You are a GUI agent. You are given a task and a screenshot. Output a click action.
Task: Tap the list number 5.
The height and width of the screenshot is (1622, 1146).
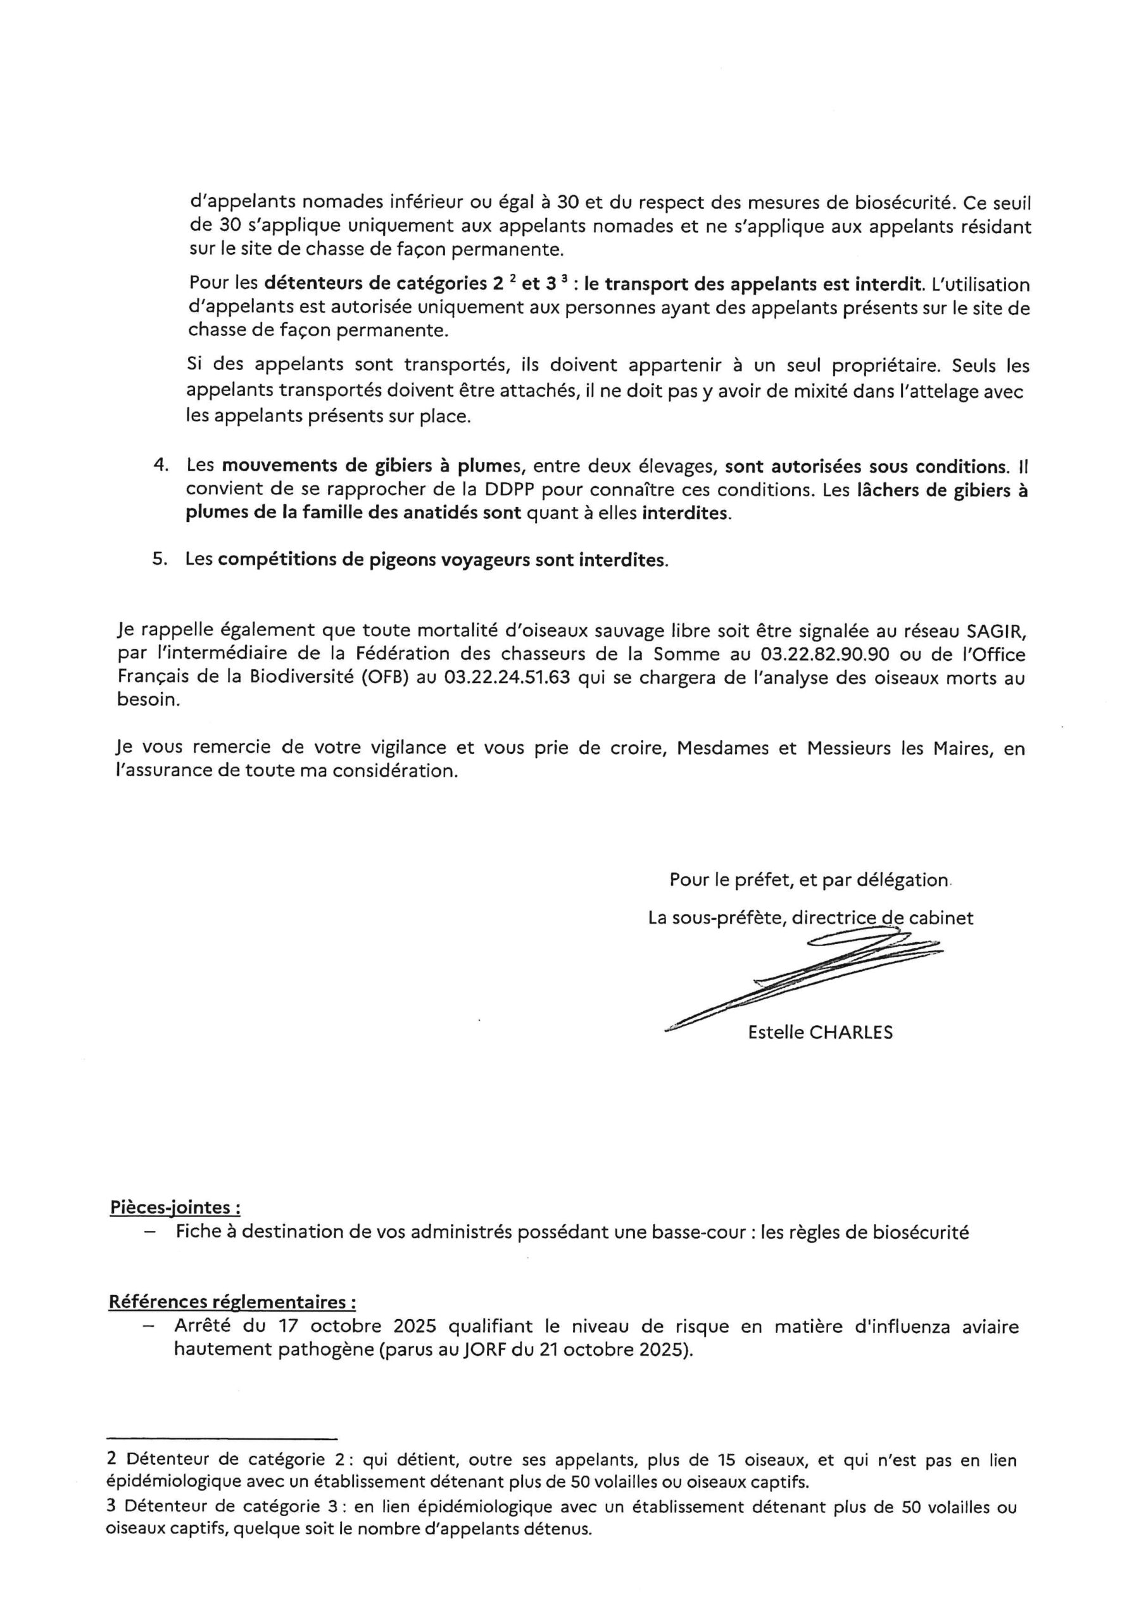click(x=160, y=559)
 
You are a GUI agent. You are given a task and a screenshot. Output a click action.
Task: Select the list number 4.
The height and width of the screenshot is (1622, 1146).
click(x=160, y=466)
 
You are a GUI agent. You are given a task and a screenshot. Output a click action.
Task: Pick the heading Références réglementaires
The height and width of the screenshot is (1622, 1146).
click(x=232, y=1301)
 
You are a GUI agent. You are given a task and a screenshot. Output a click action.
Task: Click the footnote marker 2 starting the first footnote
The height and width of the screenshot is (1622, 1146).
click(x=111, y=1460)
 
